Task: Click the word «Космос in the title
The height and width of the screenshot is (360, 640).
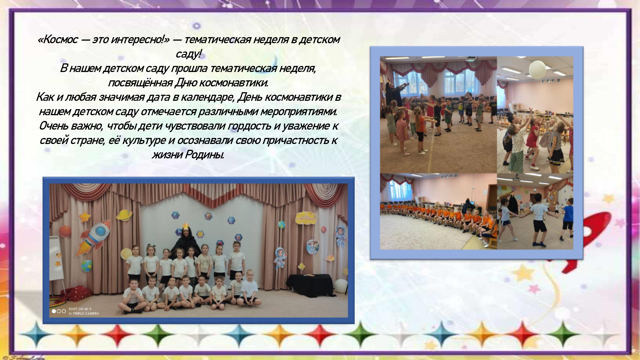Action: tap(58, 40)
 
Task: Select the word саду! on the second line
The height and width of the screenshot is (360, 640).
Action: tap(189, 54)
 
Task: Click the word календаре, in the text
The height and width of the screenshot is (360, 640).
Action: tap(209, 97)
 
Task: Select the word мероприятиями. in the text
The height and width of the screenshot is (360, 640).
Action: tap(299, 112)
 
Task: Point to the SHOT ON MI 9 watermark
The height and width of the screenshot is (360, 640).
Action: tap(80, 309)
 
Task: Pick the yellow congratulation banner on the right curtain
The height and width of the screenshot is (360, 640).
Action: tap(307, 218)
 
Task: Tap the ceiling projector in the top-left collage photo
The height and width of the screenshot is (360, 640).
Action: tap(470, 59)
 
